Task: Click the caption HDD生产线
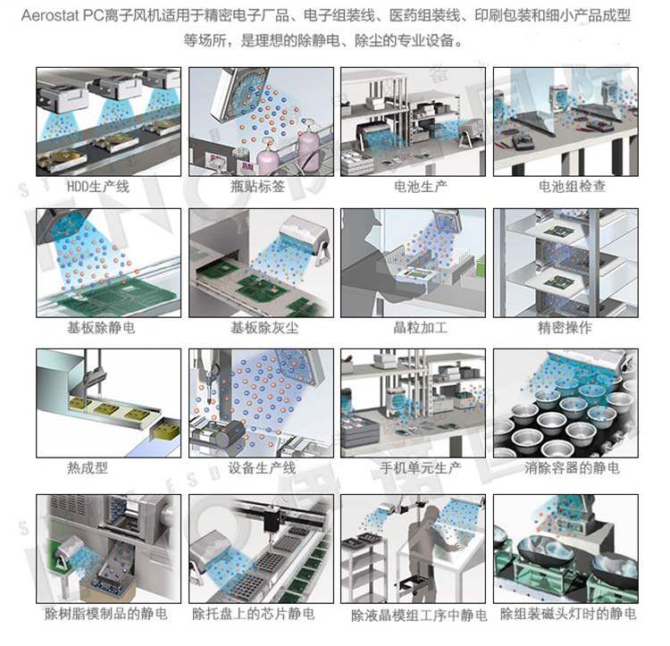click(98, 187)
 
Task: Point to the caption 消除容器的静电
click(569, 467)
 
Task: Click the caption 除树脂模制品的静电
click(105, 614)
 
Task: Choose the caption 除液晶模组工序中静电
click(418, 616)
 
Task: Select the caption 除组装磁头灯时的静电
click(568, 614)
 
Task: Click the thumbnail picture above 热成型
click(108, 401)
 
